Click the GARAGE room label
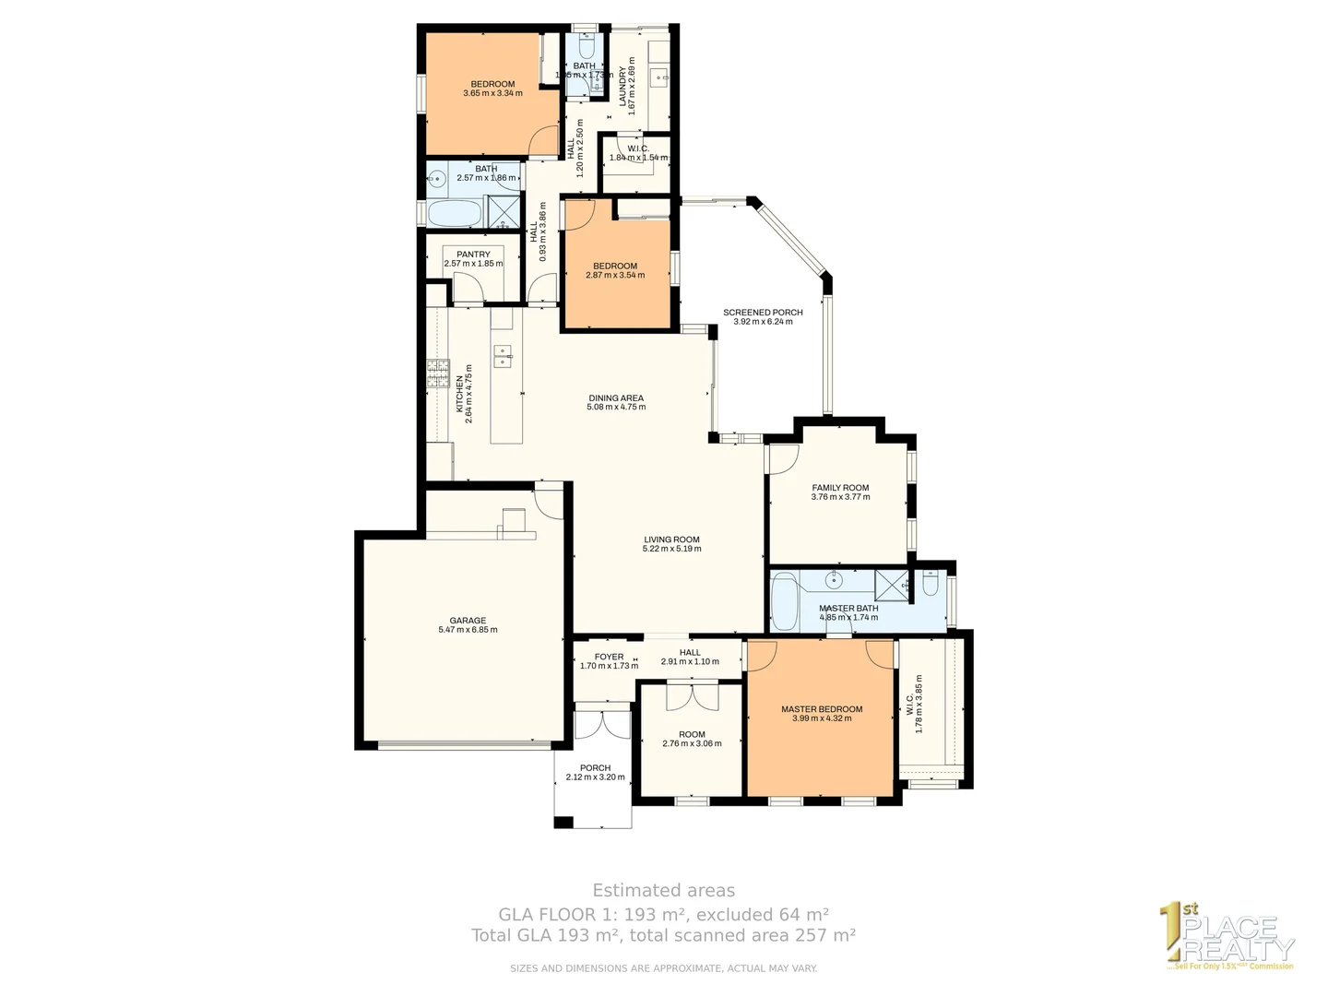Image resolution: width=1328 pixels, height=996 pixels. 468,621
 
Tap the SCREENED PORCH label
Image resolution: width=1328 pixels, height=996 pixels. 763,313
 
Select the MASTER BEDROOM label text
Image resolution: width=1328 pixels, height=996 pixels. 822,709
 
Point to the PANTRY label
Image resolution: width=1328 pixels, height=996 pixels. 473,255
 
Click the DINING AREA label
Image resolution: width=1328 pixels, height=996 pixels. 616,398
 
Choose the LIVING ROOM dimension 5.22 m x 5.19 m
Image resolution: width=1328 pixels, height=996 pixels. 671,549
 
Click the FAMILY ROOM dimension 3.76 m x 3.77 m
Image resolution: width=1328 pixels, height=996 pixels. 840,497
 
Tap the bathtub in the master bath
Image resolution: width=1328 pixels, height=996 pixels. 785,599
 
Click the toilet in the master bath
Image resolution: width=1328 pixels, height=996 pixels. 930,585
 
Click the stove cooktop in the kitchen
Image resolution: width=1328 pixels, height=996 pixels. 437,373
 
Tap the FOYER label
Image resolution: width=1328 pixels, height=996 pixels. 609,657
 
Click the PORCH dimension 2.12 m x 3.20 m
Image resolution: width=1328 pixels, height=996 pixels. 595,777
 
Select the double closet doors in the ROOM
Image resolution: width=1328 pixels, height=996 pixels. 692,696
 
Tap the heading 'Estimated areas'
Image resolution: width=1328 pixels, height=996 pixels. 663,891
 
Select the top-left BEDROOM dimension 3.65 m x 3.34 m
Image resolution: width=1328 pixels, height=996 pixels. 492,93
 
